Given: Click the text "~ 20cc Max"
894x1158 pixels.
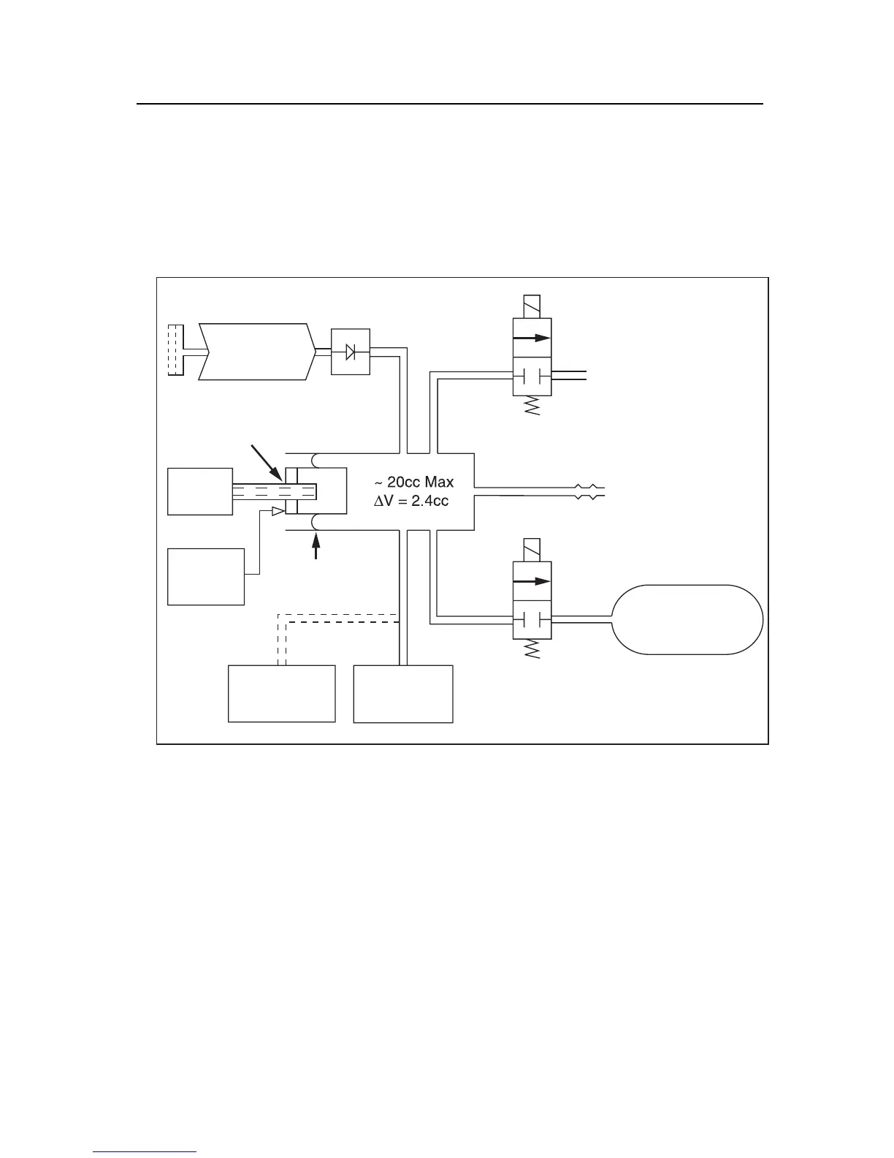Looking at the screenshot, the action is (x=413, y=482).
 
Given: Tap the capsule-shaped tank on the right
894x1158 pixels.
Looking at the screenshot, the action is (x=687, y=619).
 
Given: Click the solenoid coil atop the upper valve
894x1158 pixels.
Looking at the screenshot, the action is (x=532, y=306).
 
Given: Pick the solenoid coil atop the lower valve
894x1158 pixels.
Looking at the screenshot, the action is (x=532, y=550).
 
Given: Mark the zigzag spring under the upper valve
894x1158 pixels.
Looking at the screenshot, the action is (x=532, y=406).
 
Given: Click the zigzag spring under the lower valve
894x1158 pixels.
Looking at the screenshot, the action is (x=532, y=650).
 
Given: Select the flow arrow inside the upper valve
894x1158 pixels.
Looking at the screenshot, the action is (x=531, y=338).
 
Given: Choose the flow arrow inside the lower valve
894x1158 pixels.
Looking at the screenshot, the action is (x=531, y=582).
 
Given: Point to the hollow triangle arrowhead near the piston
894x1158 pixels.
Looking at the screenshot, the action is (x=278, y=512).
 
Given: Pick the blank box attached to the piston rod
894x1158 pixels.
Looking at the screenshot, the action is (x=200, y=491).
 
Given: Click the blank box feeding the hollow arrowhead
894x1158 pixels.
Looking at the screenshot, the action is (x=206, y=576).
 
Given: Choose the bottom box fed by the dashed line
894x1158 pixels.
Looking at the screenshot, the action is (x=282, y=693).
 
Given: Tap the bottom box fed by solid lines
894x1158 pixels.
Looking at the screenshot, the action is (x=403, y=693).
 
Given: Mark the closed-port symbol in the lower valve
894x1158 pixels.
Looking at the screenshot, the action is (x=532, y=618).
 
